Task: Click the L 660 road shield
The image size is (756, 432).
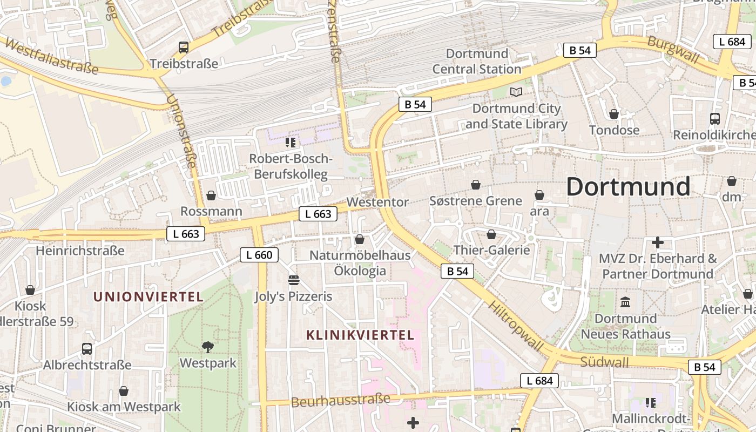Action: [x=259, y=255]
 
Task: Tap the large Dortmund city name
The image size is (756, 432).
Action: [x=628, y=187]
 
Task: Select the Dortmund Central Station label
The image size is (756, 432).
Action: [x=477, y=61]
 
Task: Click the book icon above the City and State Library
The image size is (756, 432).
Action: [x=516, y=92]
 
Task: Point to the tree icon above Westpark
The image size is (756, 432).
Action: [x=208, y=347]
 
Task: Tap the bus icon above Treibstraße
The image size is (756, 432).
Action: [x=184, y=48]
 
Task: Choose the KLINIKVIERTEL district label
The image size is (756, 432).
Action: [x=360, y=335]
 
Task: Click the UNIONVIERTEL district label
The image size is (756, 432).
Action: [x=148, y=297]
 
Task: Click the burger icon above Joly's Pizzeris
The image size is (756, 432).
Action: [x=294, y=280]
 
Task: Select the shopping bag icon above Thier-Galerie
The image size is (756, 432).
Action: [x=491, y=234]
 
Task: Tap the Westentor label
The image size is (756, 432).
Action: [x=377, y=202]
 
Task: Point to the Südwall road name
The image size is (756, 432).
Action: [x=604, y=361]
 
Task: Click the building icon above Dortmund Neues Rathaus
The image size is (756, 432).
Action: [x=626, y=302]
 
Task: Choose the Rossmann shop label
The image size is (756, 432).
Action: [x=211, y=211]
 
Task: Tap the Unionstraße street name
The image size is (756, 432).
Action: [x=182, y=132]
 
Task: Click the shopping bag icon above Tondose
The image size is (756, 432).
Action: [x=614, y=114]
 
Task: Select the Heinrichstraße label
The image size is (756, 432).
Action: [x=80, y=251]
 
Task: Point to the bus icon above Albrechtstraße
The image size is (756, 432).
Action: [x=87, y=349]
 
